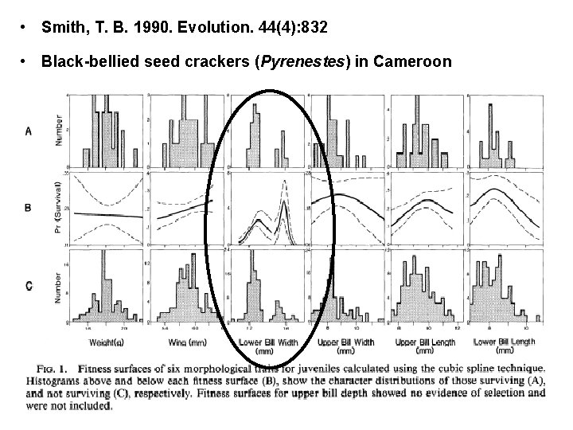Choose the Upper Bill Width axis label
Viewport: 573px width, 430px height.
[345, 344]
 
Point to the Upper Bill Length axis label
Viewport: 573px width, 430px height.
[427, 344]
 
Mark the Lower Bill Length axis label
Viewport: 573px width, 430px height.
[507, 344]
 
